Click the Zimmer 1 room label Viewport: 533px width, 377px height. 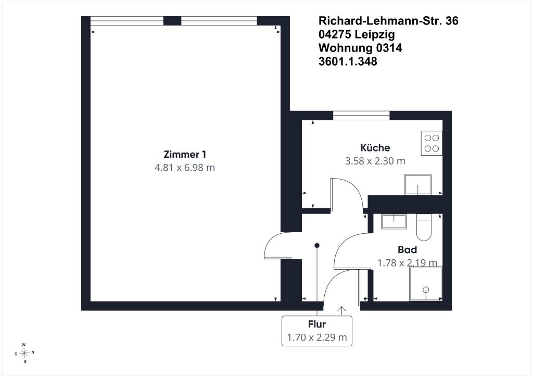click(x=185, y=154)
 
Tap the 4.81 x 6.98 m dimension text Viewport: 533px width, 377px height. click(x=185, y=168)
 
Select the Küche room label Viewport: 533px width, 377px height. click(x=375, y=147)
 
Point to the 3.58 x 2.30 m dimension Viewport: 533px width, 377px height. click(x=375, y=161)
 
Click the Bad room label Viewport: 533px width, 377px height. click(x=407, y=250)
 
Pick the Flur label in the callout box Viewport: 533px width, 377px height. click(x=317, y=324)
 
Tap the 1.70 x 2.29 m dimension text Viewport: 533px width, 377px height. click(x=317, y=337)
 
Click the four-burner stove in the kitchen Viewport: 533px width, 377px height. click(x=432, y=143)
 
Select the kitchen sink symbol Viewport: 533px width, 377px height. click(x=418, y=184)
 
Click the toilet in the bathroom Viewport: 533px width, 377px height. click(x=424, y=227)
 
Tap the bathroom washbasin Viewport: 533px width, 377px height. click(x=394, y=221)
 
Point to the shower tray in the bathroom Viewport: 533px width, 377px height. click(x=426, y=284)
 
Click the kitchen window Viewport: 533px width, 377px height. click(x=361, y=116)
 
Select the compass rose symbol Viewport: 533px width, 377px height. click(x=24, y=353)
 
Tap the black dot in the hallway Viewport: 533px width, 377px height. click(x=317, y=245)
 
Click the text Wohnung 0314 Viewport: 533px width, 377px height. click(x=360, y=48)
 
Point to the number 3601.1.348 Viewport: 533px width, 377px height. click(x=348, y=61)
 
